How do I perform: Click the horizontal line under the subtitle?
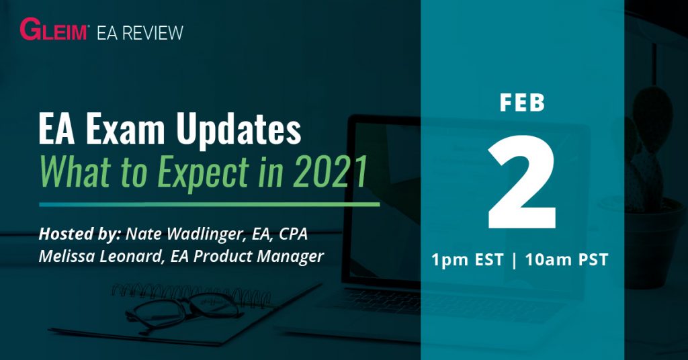(x=208, y=204)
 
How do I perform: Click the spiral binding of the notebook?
(x=195, y=294)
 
